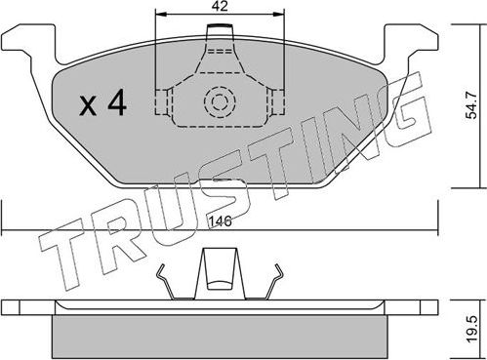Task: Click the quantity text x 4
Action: [100, 102]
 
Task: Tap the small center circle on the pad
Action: [219, 100]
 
